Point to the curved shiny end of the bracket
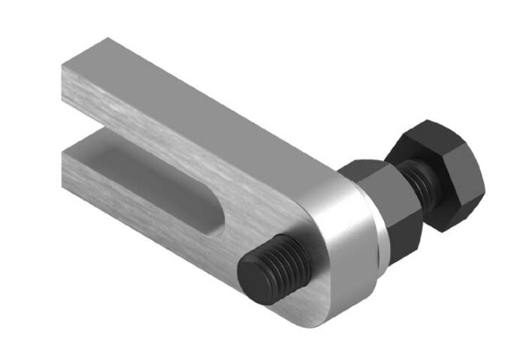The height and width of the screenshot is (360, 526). tap(349, 248)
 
